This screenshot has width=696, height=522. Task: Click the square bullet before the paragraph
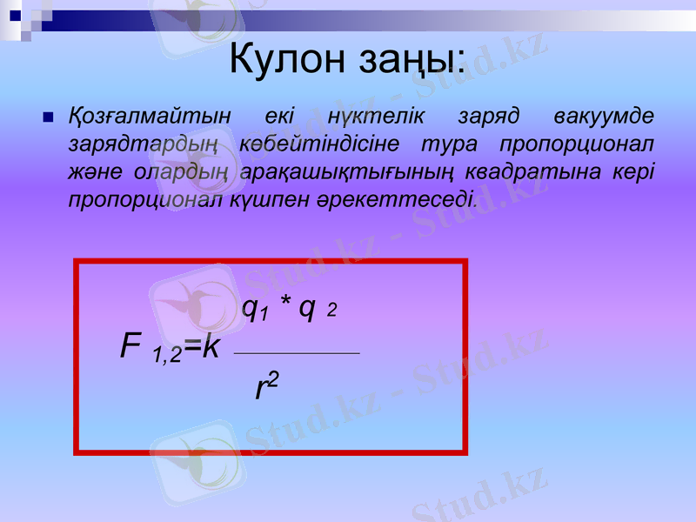(x=48, y=116)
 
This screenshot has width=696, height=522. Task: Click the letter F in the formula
(x=130, y=347)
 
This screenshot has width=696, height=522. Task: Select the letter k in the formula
(x=211, y=347)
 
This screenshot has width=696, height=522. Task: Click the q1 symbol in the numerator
(x=255, y=308)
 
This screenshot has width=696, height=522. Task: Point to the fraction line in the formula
(x=297, y=353)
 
